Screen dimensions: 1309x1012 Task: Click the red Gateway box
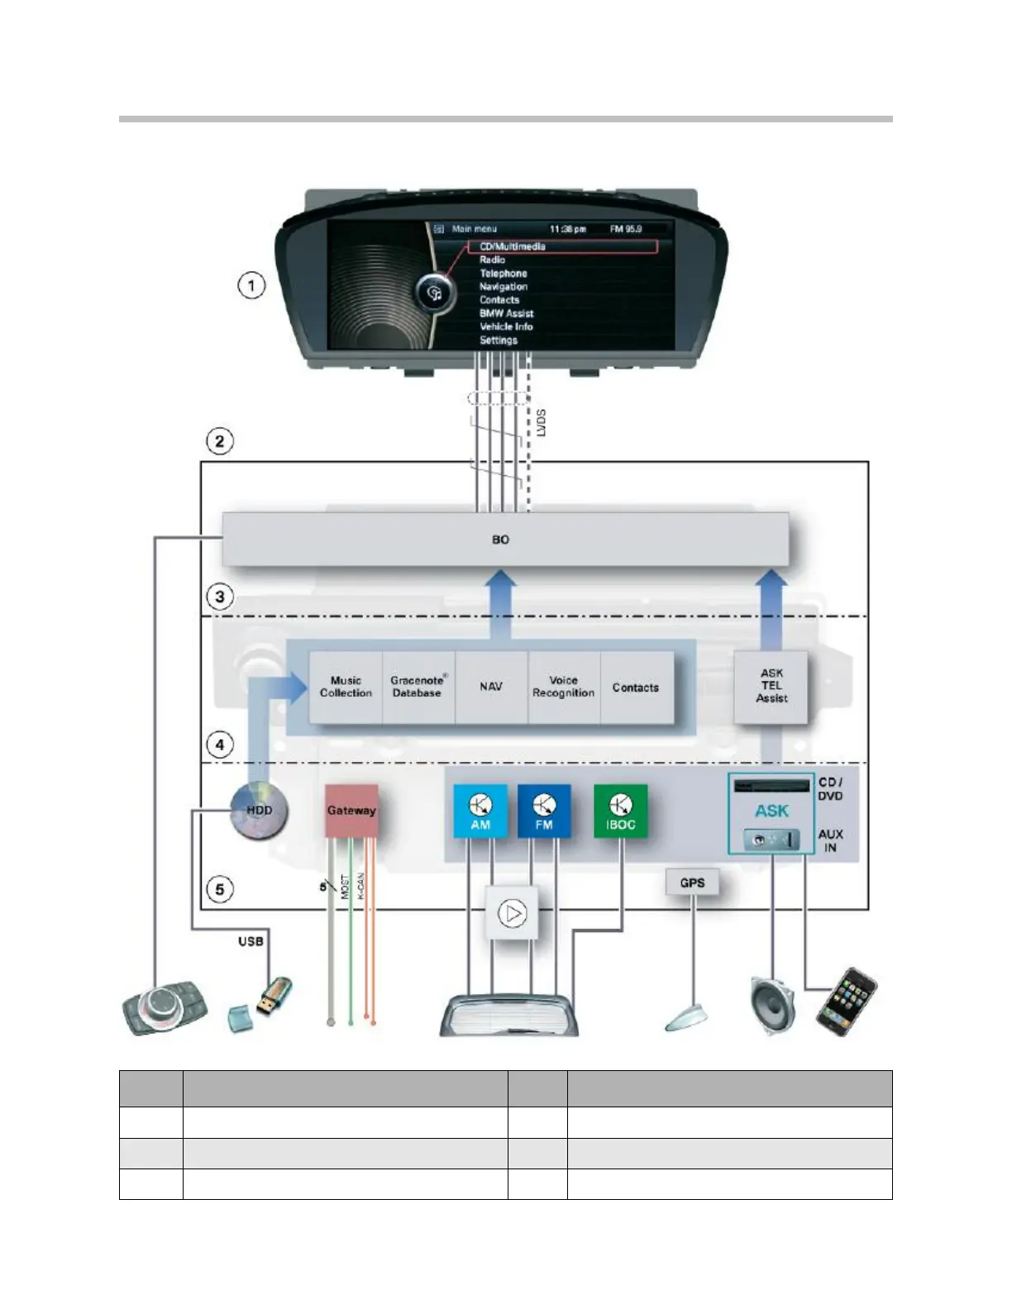click(x=351, y=811)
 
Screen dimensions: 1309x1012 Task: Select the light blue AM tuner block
click(x=480, y=811)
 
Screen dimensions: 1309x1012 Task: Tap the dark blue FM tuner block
click(x=544, y=811)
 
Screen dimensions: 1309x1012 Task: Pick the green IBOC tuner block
click(x=621, y=811)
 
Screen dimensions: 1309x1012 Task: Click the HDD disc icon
click(x=259, y=811)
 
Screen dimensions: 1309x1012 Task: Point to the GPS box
click(x=692, y=883)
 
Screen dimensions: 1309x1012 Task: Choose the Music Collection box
click(x=346, y=687)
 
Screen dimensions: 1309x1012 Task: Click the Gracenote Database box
click(x=418, y=687)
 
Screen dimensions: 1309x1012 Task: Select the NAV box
click(x=491, y=687)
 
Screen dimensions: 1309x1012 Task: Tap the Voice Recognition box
click(x=563, y=687)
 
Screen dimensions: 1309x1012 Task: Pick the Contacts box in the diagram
click(x=636, y=687)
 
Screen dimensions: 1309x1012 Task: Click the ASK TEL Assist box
click(x=771, y=686)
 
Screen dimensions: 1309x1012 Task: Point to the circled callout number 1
click(x=251, y=286)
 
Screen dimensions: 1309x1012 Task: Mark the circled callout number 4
click(x=219, y=745)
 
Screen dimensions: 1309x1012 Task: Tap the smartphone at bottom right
click(x=847, y=1001)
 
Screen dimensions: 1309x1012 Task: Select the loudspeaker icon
click(x=772, y=1003)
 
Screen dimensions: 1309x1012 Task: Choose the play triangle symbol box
click(x=512, y=913)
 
